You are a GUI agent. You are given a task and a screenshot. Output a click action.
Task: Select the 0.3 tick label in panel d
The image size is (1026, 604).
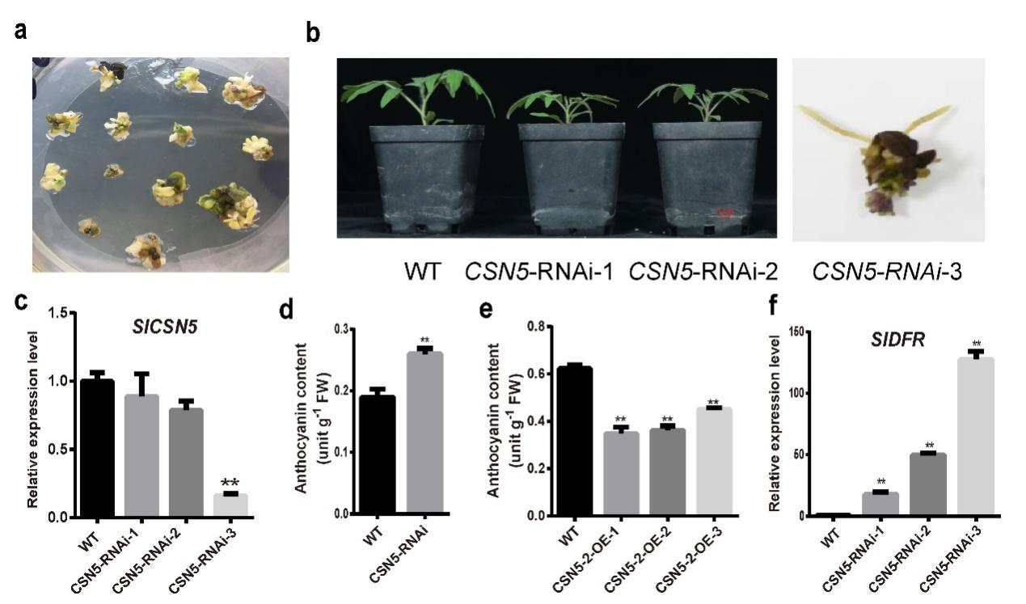point(348,330)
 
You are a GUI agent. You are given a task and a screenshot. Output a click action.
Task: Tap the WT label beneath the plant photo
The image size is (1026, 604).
point(423,271)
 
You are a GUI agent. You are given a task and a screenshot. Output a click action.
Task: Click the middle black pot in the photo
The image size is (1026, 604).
point(564,178)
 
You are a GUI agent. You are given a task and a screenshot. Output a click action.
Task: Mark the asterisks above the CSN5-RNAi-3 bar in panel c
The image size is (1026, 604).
point(230,483)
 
